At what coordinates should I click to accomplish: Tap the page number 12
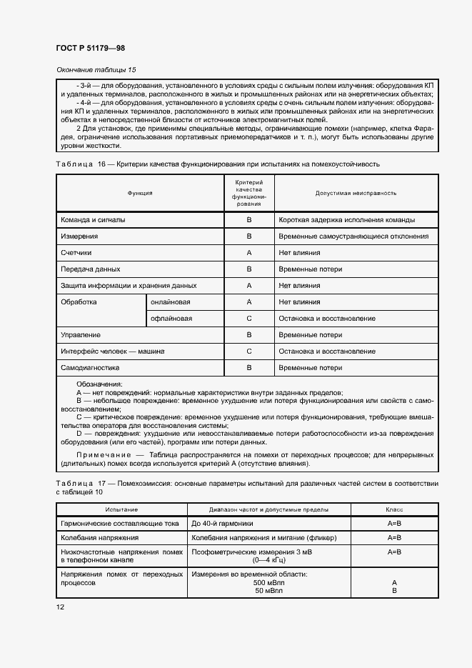60,607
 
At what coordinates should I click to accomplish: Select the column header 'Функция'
140,193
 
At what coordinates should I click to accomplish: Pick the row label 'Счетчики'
76,253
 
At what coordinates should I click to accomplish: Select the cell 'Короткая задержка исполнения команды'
347,220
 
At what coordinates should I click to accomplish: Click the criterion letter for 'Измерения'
249,236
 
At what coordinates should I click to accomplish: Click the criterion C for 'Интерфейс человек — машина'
249,352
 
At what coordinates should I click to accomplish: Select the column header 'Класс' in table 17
394,510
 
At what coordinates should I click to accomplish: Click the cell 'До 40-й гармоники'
222,524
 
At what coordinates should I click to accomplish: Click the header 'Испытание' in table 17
121,510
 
